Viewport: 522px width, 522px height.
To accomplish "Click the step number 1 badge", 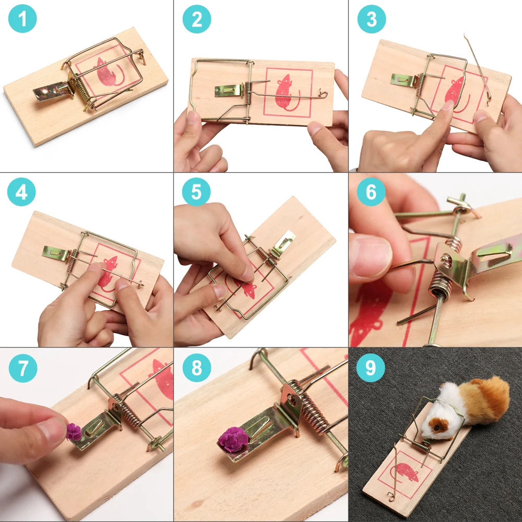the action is (x=22, y=19).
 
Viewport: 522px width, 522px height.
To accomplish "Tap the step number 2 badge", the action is (x=197, y=19).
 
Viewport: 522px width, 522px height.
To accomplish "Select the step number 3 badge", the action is (x=372, y=19).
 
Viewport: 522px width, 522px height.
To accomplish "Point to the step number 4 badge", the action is (x=21, y=192).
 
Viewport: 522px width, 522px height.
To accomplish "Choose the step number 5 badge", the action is (x=196, y=192).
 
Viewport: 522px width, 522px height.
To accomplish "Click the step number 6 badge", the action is (x=371, y=192).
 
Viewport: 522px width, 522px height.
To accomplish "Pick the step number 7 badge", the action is (x=23, y=368).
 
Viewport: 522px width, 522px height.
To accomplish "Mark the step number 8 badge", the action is (x=197, y=368).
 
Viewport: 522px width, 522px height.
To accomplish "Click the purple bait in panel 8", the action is (x=233, y=440).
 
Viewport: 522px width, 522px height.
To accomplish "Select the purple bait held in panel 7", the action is (x=74, y=432).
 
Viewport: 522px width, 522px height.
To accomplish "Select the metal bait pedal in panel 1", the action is (x=53, y=91).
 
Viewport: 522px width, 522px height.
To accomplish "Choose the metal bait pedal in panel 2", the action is (x=229, y=90).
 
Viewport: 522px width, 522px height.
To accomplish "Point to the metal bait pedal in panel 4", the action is (x=55, y=253).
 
